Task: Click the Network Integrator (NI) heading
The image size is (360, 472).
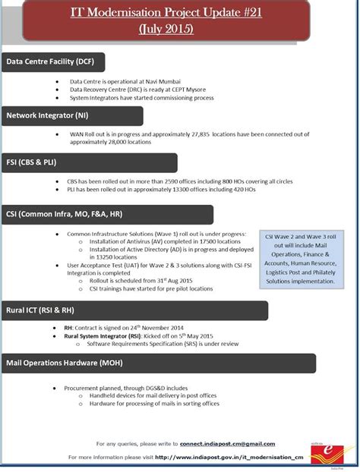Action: point(47,116)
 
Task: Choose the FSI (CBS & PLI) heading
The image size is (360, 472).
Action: point(32,162)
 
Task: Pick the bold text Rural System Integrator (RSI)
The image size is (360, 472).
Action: point(103,335)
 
